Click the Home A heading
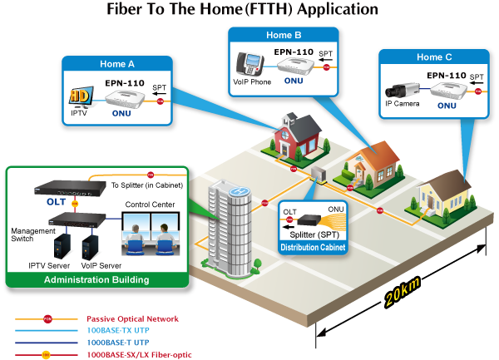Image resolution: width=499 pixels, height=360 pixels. click(x=117, y=63)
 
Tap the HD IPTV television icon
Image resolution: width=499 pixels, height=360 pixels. click(x=79, y=97)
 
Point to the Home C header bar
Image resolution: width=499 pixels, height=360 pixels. click(x=434, y=57)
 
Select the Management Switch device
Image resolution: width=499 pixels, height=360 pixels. click(x=78, y=221)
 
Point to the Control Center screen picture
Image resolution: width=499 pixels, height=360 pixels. click(x=151, y=234)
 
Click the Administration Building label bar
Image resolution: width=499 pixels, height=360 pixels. click(x=96, y=279)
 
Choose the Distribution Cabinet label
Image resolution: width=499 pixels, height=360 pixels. click(x=312, y=247)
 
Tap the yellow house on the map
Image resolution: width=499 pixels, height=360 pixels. click(x=438, y=196)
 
